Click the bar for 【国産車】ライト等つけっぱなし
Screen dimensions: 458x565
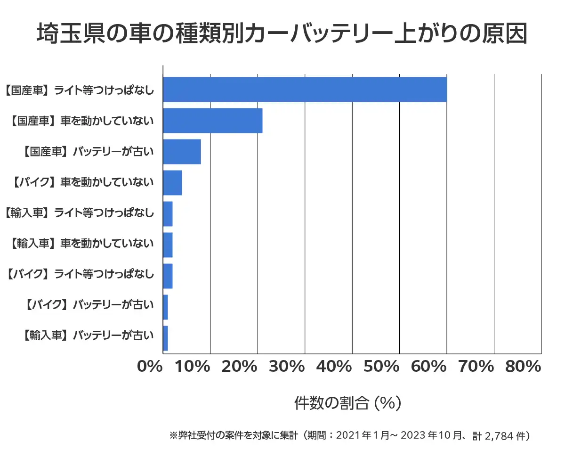click(x=305, y=90)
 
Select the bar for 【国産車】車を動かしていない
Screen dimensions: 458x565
click(x=212, y=121)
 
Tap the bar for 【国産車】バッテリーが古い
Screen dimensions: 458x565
click(x=182, y=152)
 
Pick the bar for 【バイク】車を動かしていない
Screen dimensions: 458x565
click(x=172, y=183)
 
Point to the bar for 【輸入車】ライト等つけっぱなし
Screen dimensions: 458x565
click(x=168, y=214)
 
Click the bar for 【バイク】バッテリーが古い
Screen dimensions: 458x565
click(x=165, y=307)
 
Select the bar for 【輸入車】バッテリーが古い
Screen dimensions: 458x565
click(x=165, y=338)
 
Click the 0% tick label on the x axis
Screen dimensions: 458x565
click(x=150, y=367)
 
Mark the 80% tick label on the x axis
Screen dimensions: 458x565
click(x=523, y=367)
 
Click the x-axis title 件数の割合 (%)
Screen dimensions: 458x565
click(x=347, y=403)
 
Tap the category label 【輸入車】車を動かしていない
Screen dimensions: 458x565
click(x=81, y=244)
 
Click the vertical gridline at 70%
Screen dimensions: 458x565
click(x=494, y=212)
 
